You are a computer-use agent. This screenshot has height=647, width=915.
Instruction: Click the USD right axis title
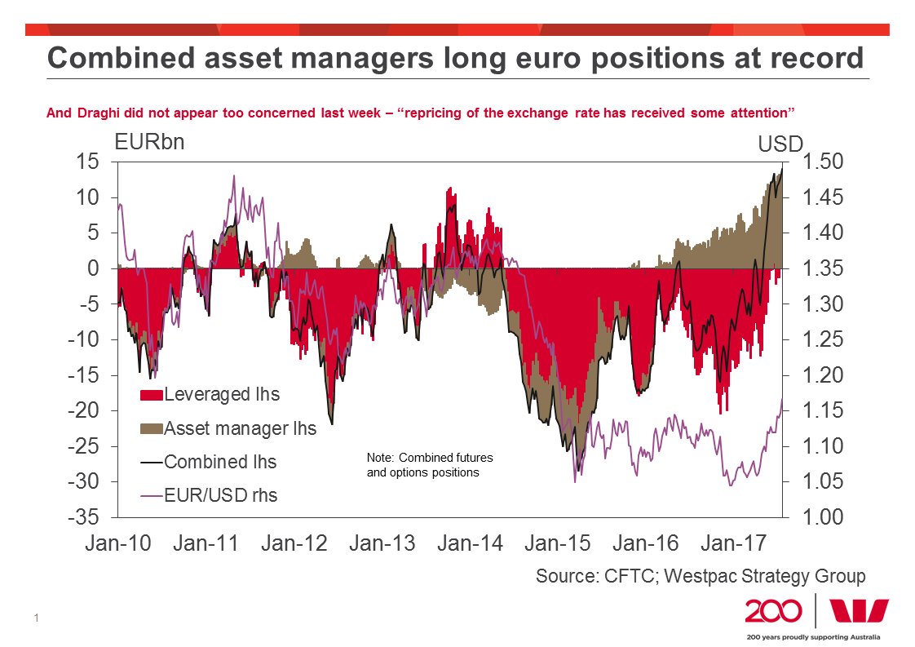780,145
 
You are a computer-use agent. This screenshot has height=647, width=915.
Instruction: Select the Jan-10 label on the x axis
118,543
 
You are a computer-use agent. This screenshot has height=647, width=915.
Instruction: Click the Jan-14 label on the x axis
471,543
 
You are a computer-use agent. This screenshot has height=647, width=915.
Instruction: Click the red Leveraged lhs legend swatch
152,396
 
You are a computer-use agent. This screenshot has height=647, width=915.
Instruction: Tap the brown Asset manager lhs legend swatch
152,428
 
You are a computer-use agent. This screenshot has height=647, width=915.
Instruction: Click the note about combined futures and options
430,465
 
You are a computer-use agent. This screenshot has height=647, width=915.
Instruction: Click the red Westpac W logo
859,610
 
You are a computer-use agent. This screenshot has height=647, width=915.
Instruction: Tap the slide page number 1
38,618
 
